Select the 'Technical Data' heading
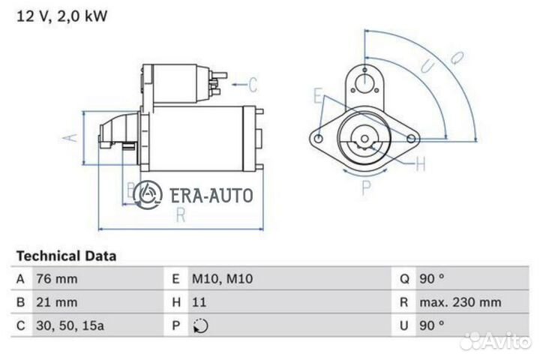[x=66, y=256]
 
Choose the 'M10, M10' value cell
[x=223, y=279]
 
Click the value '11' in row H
[x=199, y=303]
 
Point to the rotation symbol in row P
[x=200, y=327]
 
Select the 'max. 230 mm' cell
[x=460, y=303]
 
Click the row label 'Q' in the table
[x=403, y=279]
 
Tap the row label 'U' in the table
[x=403, y=327]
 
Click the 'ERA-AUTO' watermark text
[x=211, y=195]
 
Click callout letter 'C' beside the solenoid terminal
[x=252, y=84]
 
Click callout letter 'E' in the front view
[x=318, y=96]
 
